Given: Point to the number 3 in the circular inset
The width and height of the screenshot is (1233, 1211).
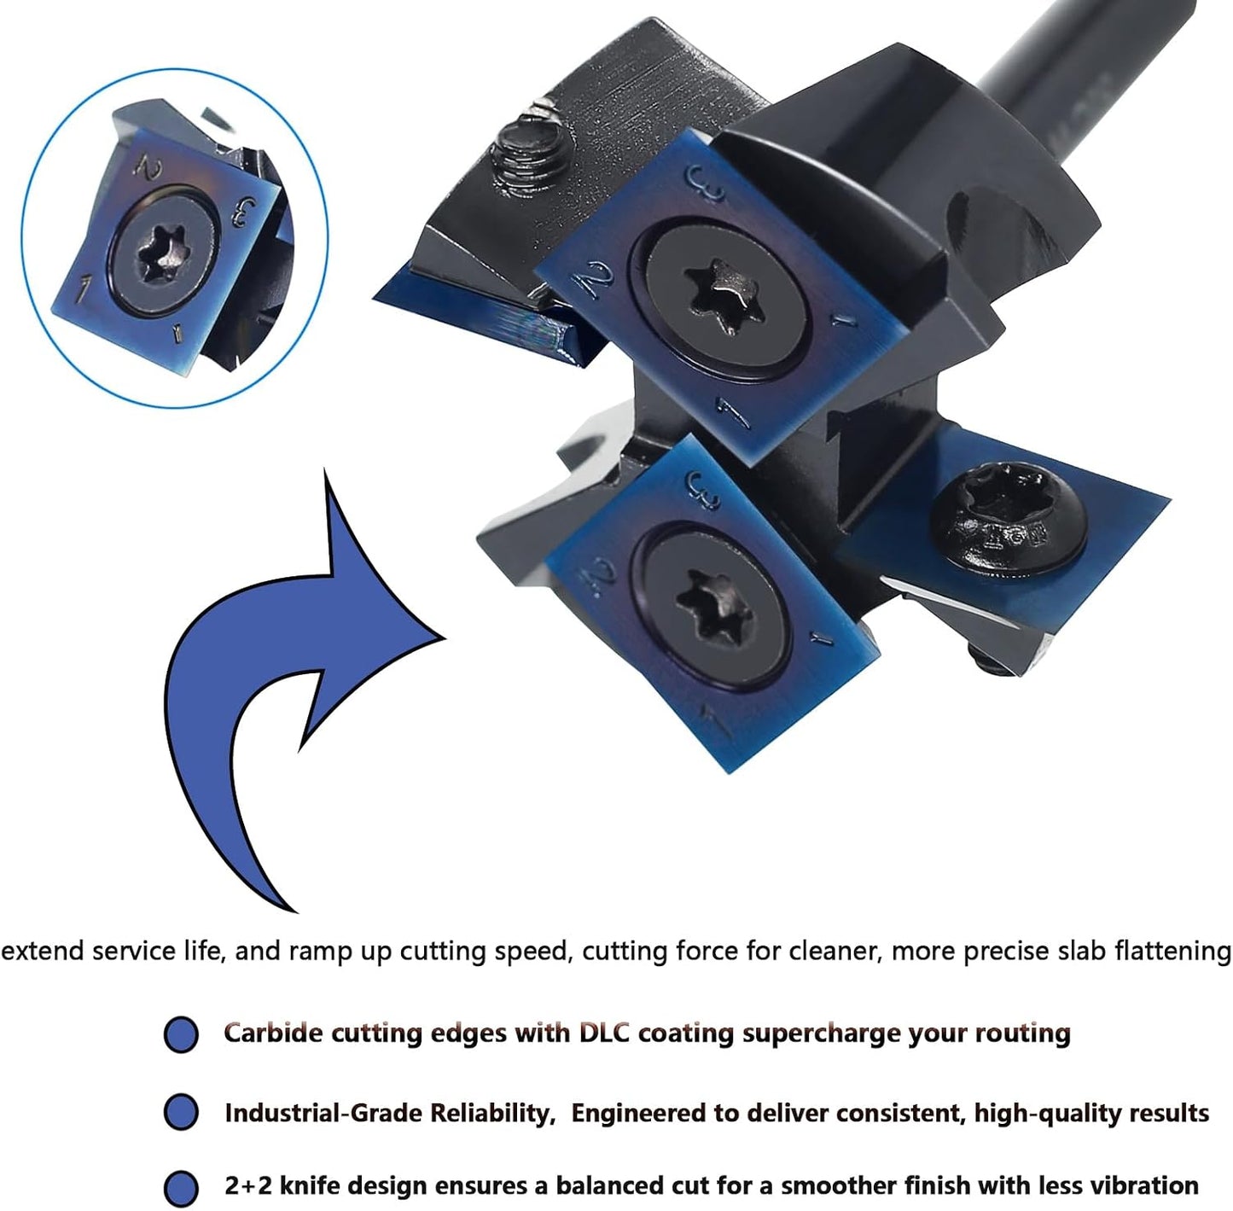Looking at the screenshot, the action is tap(244, 212).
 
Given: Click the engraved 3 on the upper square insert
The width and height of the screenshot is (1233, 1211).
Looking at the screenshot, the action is tap(705, 183).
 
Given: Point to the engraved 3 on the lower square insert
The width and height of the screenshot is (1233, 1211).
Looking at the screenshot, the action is tap(702, 491).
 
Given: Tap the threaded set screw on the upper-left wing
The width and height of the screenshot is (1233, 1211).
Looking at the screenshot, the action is tap(529, 153).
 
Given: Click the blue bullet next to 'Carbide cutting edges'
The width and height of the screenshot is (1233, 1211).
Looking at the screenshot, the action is tap(181, 1034).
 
